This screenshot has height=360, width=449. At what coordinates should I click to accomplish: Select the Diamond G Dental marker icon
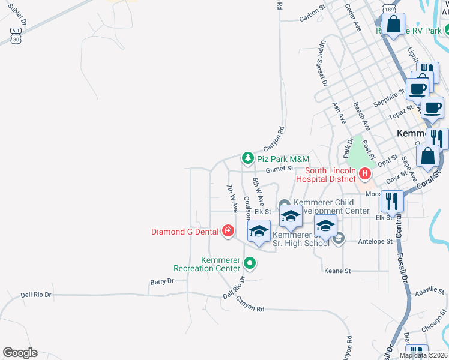pyautogui.click(x=228, y=231)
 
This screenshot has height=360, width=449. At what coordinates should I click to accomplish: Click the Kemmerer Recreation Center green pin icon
pyautogui.click(x=250, y=263)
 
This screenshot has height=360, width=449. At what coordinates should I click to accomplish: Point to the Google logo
pyautogui.click(x=20, y=353)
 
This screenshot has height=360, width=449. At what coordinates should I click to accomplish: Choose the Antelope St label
pyautogui.click(x=375, y=241)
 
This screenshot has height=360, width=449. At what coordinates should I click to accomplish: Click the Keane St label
pyautogui.click(x=337, y=271)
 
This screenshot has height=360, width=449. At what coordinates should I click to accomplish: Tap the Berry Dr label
pyautogui.click(x=161, y=281)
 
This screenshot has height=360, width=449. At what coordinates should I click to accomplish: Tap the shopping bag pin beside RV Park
pyautogui.click(x=393, y=25)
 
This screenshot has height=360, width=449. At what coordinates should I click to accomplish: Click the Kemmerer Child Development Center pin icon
pyautogui.click(x=283, y=206)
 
